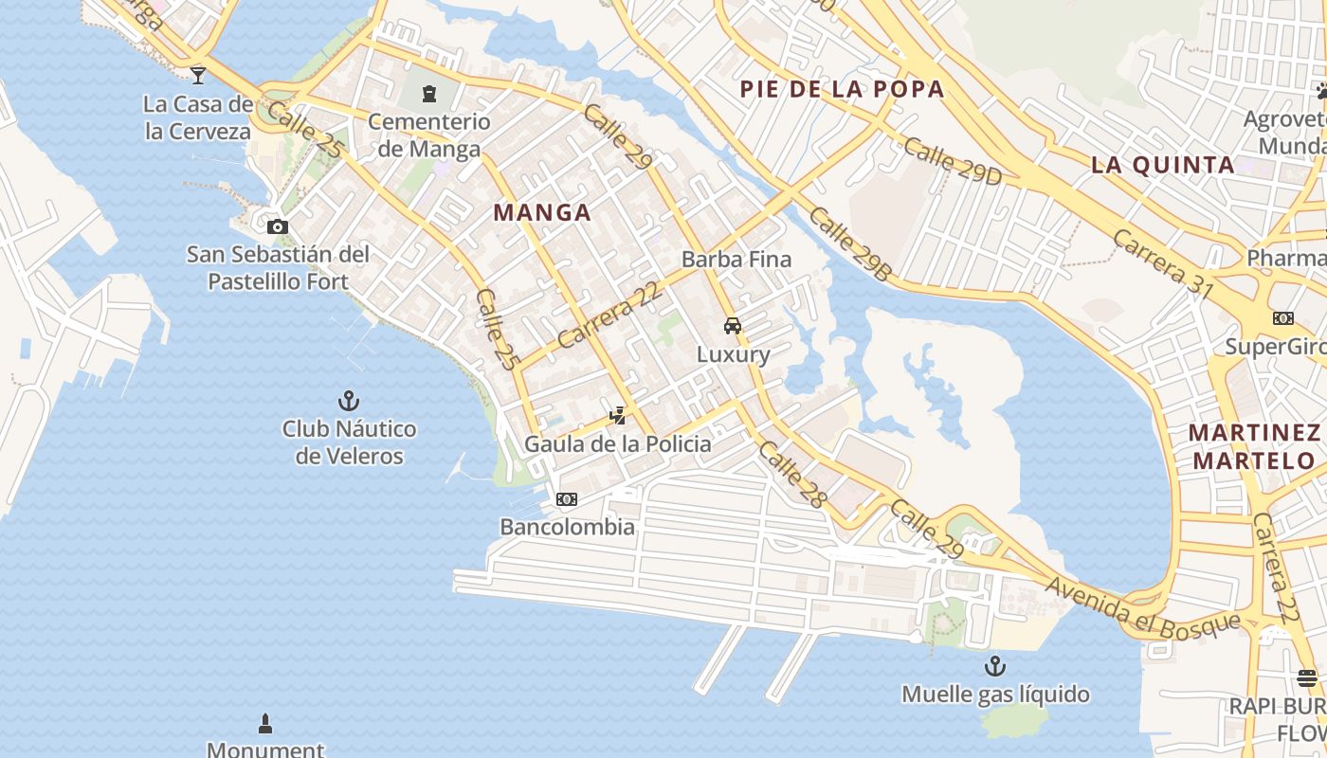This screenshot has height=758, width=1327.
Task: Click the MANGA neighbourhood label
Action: coord(542,212)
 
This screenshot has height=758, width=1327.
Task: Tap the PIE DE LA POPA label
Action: coord(842,89)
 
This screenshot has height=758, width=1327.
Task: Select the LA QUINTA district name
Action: coord(1163,165)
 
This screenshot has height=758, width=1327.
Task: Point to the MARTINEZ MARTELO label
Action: coord(1255,446)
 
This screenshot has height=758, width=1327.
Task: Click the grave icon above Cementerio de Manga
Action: coord(428,94)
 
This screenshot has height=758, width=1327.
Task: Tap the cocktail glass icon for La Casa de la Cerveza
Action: coord(197,75)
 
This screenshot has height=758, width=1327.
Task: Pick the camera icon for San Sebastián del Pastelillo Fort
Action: coord(277,226)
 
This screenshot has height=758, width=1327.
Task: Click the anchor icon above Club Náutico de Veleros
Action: coord(349,401)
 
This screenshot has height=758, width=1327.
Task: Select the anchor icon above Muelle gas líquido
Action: coord(994,665)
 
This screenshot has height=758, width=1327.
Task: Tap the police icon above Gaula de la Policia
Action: coord(618,415)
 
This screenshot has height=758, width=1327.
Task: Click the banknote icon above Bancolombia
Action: coord(567,499)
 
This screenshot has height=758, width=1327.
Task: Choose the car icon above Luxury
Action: coord(733,326)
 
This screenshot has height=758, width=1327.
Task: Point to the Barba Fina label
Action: coord(736,259)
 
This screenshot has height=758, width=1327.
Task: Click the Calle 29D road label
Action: coord(953,161)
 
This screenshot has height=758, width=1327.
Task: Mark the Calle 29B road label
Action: coord(851,244)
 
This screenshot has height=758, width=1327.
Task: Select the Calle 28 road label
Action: coord(792,475)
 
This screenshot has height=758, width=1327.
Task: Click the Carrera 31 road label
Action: coord(1163,263)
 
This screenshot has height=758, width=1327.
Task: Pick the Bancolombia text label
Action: coord(567,527)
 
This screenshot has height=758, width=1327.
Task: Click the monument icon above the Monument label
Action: coord(265,725)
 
